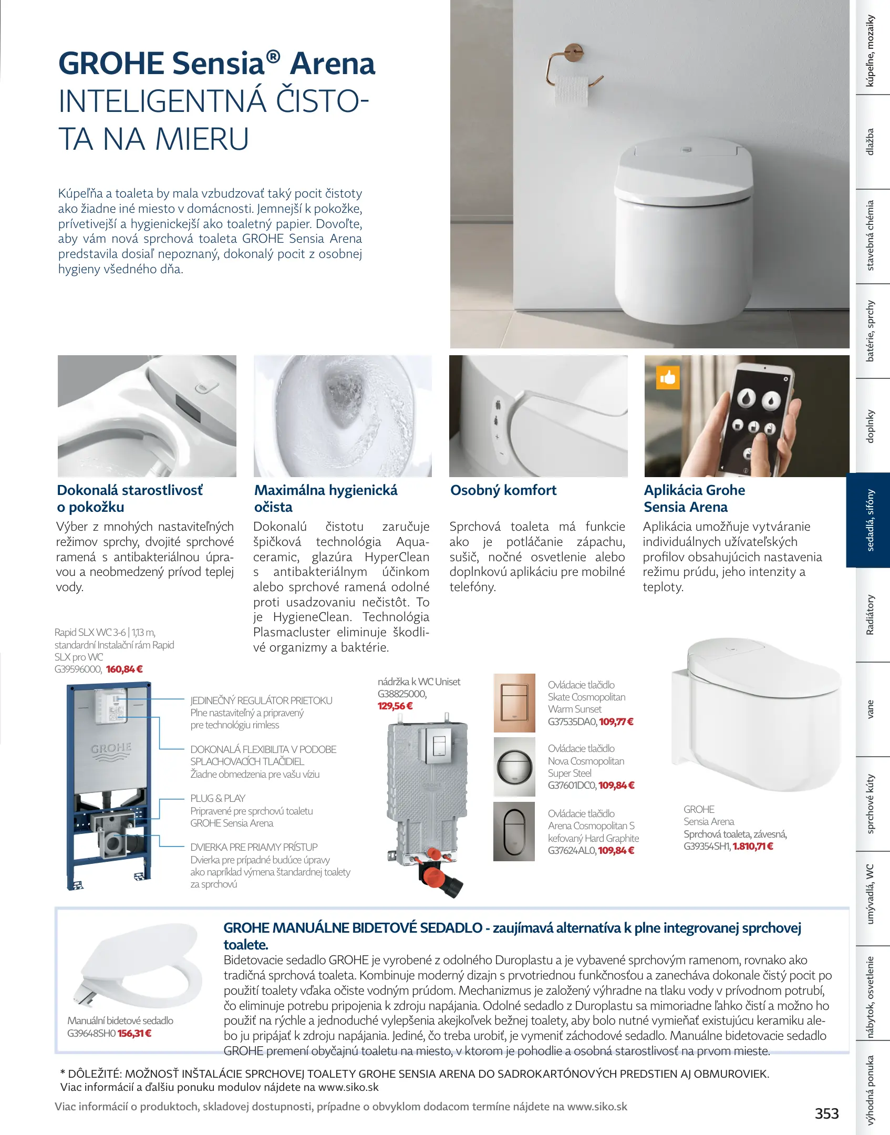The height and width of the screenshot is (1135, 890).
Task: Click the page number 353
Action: point(826,1113)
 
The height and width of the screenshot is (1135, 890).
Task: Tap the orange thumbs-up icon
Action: point(668,377)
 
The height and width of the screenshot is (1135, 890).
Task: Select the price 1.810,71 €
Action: point(753,846)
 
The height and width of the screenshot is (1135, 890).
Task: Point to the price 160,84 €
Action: point(125,669)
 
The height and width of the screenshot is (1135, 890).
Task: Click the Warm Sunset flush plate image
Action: point(514,703)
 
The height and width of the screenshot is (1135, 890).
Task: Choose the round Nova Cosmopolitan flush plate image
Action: point(514,767)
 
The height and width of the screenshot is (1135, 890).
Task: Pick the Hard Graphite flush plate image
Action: point(514,831)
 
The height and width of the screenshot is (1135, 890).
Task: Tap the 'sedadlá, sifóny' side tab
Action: point(870,520)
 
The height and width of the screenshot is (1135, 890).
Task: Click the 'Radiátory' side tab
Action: point(870,614)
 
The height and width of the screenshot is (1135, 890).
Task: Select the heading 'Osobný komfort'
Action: point(503,490)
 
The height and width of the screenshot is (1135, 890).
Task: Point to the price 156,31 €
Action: point(134,1033)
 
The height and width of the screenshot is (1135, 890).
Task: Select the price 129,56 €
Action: point(395,706)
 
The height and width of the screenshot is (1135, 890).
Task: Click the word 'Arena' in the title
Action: point(333,64)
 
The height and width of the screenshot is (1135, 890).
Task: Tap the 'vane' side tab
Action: point(870,709)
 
